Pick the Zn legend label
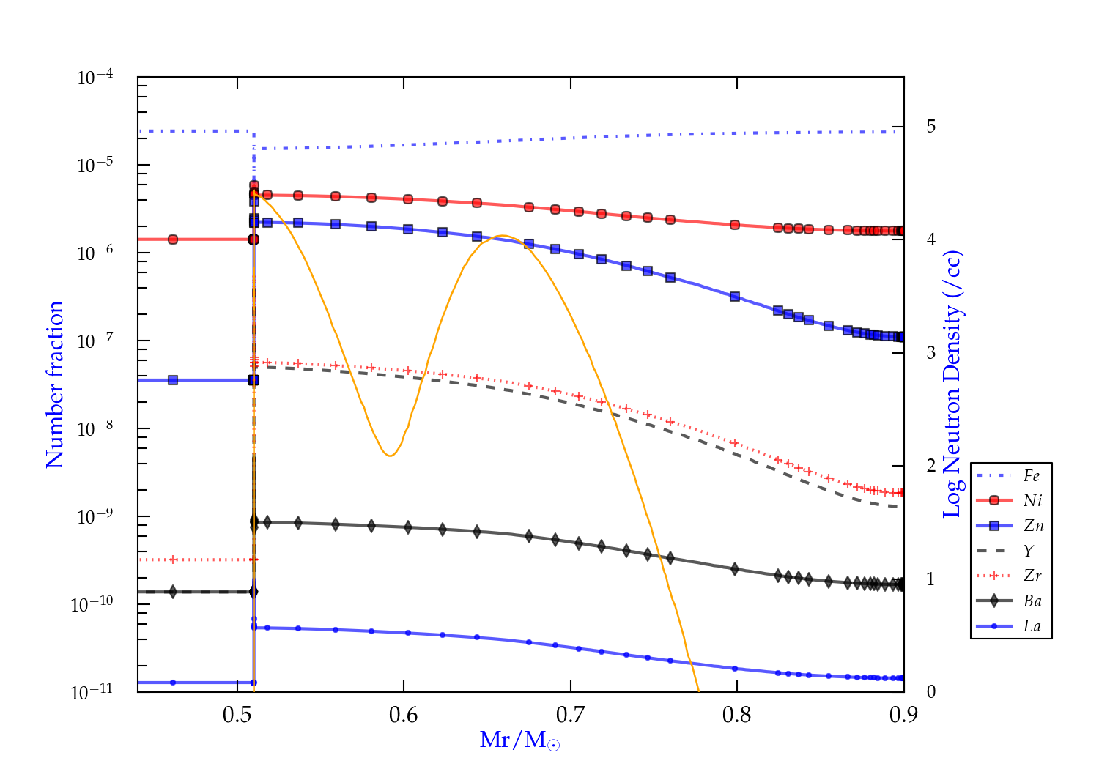coord(1033,526)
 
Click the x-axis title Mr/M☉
coord(519,740)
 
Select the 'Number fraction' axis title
coord(55,384)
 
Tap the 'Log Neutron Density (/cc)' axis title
coord(952,384)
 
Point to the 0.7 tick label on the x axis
coord(570,715)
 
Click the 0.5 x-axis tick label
coord(237,715)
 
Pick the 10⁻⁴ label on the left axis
coord(95,76)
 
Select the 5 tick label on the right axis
coord(930,127)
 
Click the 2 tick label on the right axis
coord(930,466)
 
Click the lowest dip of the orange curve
coord(390,456)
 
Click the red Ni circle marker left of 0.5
coord(173,239)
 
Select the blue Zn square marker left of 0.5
coord(173,380)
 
